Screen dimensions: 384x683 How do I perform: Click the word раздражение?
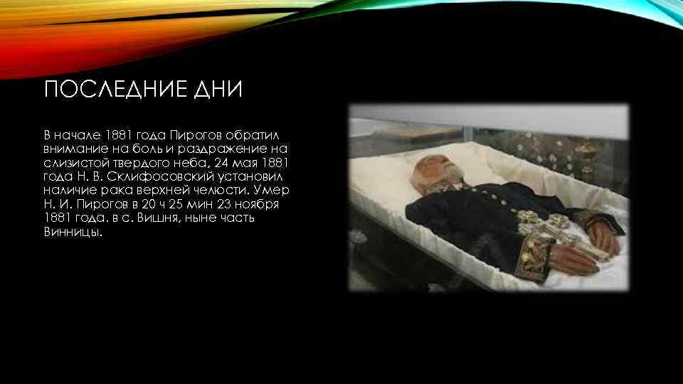(222, 149)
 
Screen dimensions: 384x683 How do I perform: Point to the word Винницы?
(73, 232)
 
